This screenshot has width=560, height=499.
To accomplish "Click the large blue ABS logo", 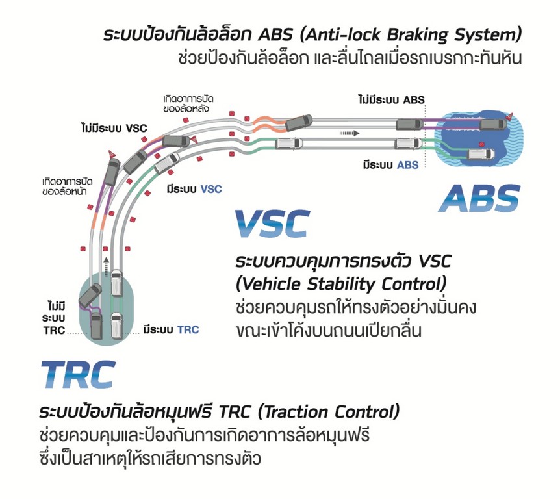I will point(479,198).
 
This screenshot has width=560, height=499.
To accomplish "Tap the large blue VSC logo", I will point(271,224).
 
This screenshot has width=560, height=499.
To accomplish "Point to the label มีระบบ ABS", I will point(391,165).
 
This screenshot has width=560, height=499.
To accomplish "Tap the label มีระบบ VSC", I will point(194,189).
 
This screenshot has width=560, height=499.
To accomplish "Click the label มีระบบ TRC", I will point(172,330).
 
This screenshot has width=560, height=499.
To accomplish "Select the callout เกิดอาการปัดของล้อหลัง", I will point(189,103).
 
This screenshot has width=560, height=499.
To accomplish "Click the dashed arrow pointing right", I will point(348,132).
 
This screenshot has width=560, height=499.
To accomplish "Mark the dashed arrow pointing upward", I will point(104,262).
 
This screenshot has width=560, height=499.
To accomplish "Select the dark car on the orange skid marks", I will point(298,121).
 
